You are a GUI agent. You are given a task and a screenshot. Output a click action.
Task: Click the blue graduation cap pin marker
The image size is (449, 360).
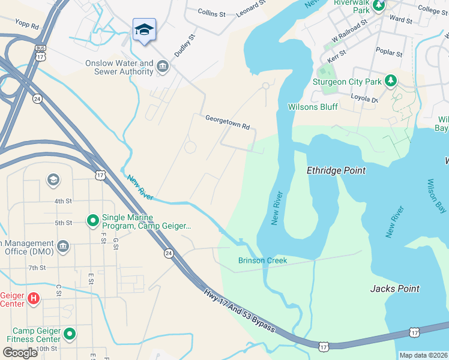click(144, 30)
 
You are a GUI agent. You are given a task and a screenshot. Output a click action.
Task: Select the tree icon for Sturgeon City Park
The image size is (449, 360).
click(391, 81)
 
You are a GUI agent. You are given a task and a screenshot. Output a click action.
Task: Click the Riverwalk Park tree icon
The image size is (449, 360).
click(379, 6)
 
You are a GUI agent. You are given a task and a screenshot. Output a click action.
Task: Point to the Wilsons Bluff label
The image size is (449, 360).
click(313, 107)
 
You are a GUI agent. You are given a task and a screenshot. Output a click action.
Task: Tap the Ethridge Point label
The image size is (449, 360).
click(336, 170)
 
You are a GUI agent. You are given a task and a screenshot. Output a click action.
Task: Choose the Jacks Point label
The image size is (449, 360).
click(394, 289)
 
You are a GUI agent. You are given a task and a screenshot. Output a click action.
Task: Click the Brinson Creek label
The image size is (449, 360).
click(262, 260)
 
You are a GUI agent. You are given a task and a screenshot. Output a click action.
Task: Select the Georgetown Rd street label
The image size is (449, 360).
click(227, 119)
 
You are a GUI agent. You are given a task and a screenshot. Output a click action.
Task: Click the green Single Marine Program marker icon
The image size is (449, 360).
click(92, 221)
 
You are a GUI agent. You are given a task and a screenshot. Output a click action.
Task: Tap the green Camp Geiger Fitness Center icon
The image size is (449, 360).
click(70, 334)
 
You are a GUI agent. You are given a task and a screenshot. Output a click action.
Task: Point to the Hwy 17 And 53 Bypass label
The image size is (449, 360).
click(240, 311)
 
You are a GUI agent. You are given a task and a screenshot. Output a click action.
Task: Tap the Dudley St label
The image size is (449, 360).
click(185, 45)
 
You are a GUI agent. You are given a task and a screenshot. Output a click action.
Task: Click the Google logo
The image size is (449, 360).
click(19, 352)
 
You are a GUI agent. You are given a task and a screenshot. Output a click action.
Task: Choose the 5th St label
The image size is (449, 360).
click(63, 223)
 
